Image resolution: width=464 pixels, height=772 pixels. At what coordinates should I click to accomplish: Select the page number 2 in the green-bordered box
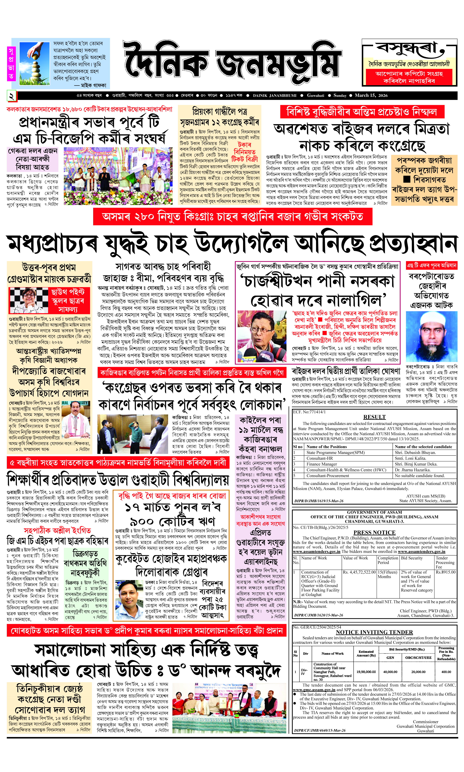11,96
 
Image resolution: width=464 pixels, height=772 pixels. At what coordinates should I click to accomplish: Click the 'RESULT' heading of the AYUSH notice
374,417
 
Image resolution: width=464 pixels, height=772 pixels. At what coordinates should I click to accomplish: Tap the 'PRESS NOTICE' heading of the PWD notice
374,532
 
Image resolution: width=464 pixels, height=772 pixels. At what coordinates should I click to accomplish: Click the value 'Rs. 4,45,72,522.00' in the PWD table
359,572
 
